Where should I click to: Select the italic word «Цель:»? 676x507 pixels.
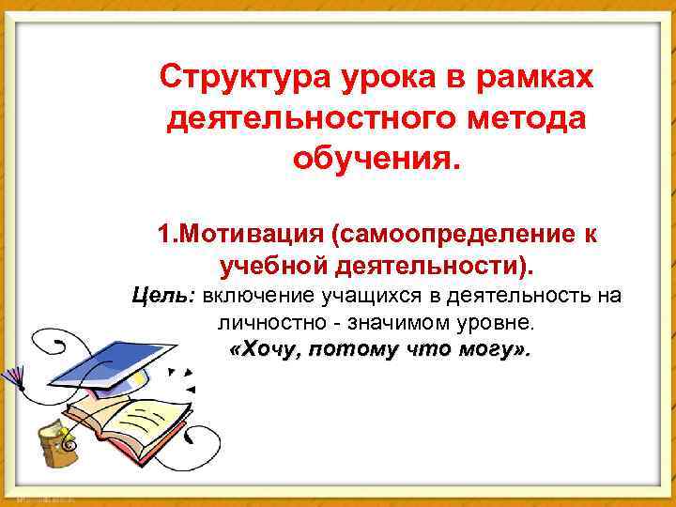click(x=162, y=297)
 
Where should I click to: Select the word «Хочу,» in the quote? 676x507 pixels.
click(x=267, y=351)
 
